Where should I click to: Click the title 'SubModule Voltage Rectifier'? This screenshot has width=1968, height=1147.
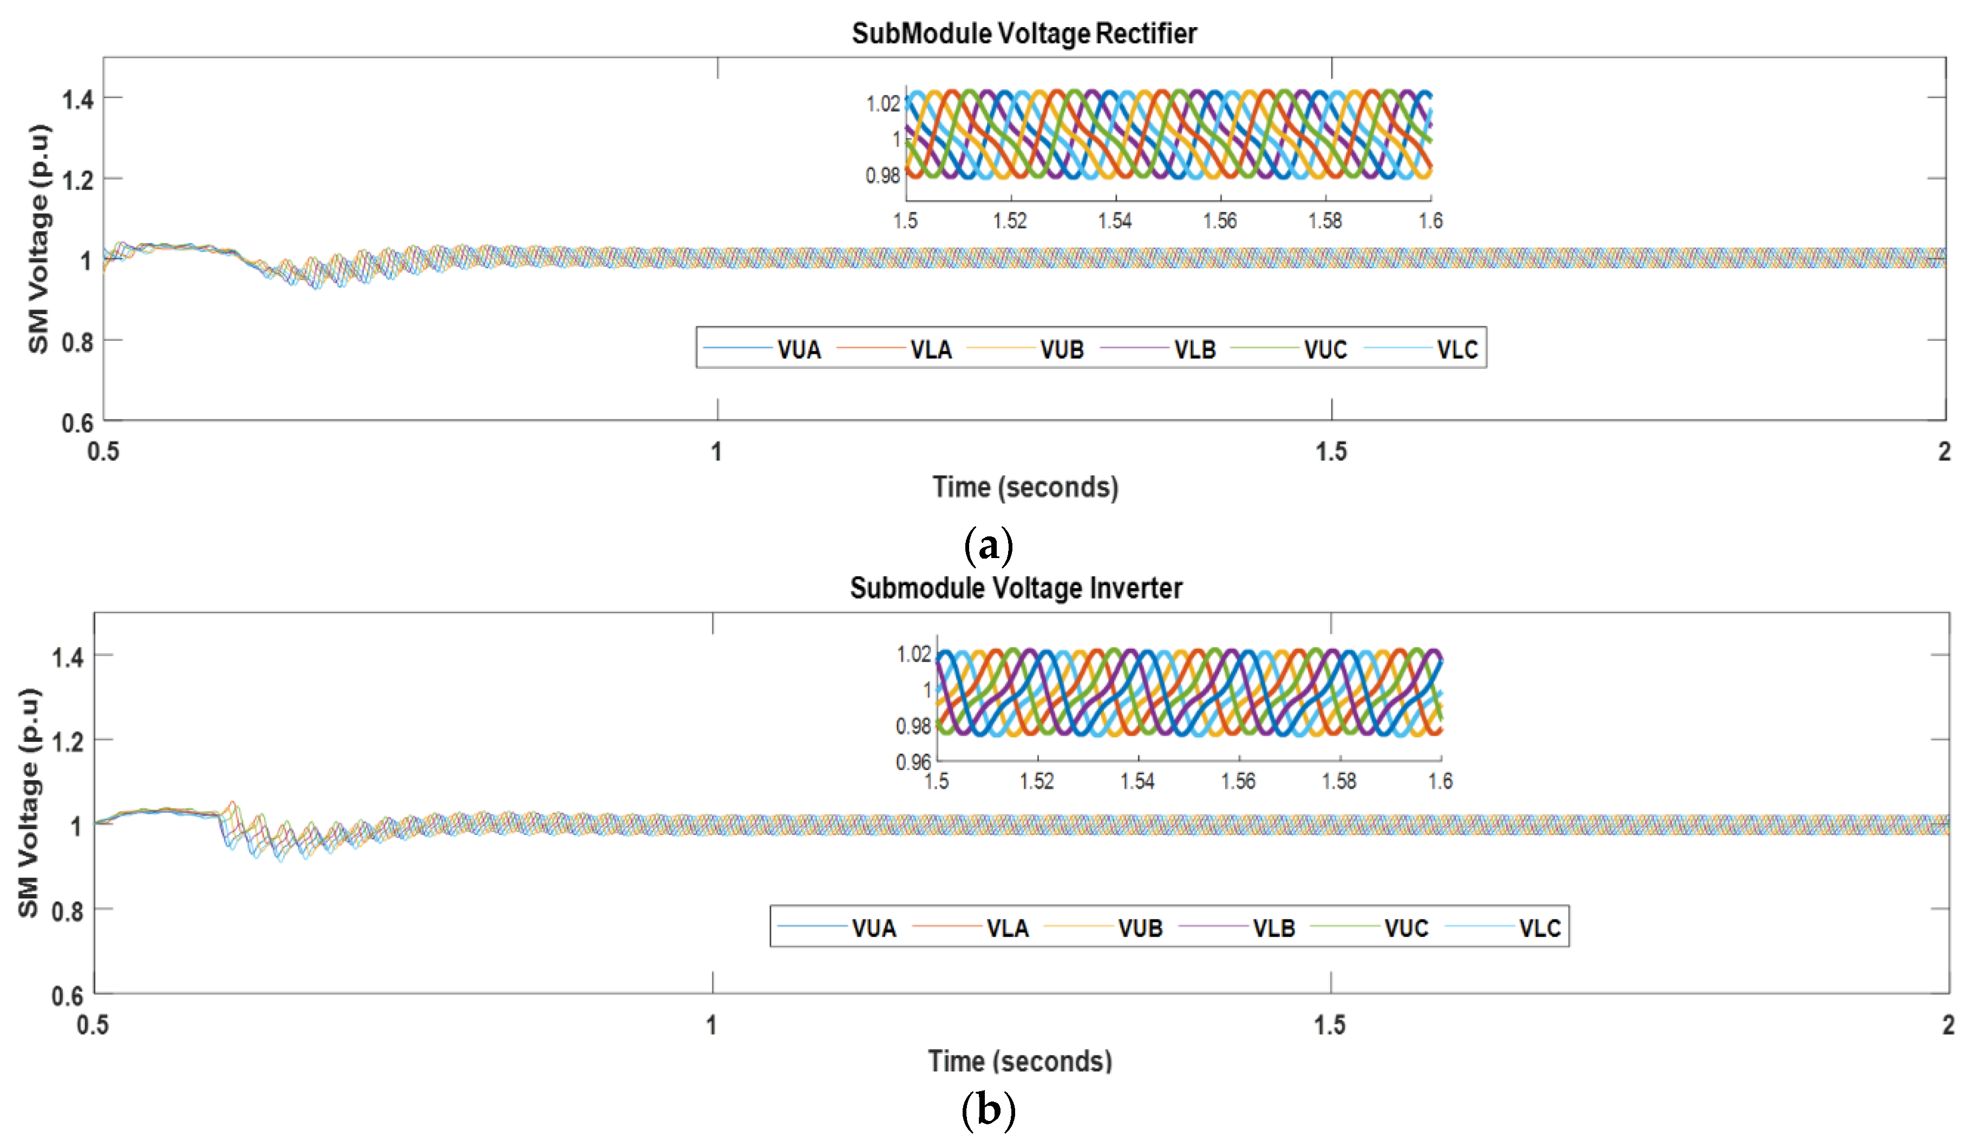tap(1024, 34)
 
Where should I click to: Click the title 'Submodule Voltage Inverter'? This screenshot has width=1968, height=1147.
tap(1016, 588)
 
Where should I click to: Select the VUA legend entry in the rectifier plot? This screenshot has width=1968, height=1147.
tap(798, 349)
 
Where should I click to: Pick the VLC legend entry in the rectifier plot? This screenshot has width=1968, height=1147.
tap(1457, 349)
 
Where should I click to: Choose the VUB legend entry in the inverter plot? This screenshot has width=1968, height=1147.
tap(1140, 928)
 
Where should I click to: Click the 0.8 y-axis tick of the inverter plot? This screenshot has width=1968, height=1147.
tap(67, 911)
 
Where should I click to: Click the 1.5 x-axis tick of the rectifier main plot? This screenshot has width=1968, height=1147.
tap(1331, 452)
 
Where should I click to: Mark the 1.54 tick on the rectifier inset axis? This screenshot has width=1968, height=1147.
tap(1115, 221)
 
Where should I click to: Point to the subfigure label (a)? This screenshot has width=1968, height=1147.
tap(989, 546)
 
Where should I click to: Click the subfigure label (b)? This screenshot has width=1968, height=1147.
tap(989, 1110)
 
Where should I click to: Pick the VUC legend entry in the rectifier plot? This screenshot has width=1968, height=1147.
tap(1325, 349)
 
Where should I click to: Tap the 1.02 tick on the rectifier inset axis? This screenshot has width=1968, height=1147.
tap(883, 103)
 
